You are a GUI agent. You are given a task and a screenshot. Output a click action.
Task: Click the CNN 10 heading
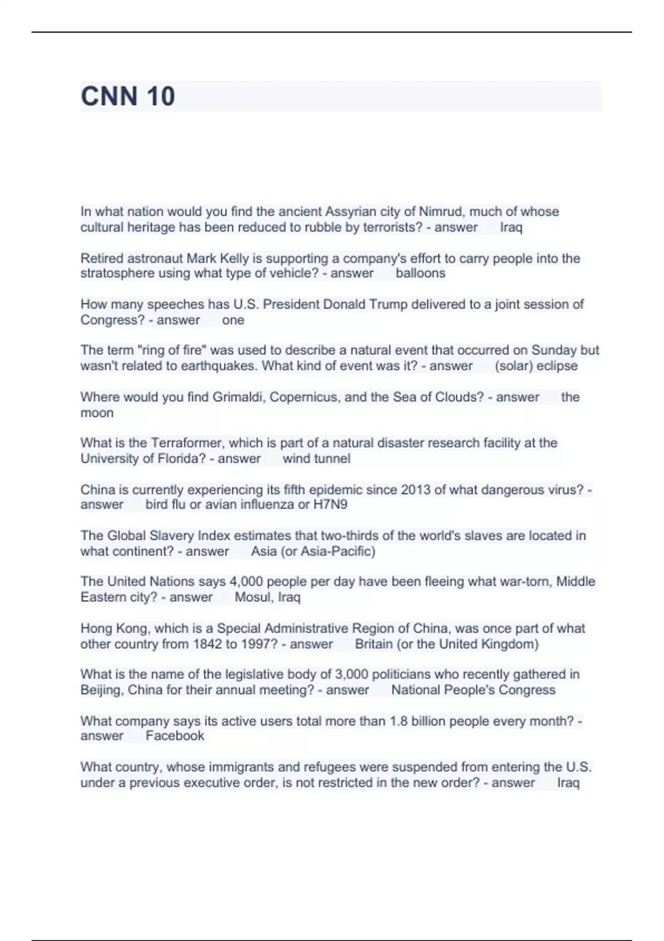pyautogui.click(x=128, y=96)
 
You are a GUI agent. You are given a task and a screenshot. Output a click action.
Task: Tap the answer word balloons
pyautogui.click(x=420, y=273)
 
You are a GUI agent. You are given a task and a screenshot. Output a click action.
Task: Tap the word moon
pyautogui.click(x=97, y=413)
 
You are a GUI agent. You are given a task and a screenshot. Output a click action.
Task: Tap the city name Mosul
pyautogui.click(x=253, y=597)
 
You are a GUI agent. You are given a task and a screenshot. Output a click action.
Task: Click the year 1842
pyautogui.click(x=207, y=644)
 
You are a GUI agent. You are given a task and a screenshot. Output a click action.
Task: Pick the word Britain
pyautogui.click(x=373, y=644)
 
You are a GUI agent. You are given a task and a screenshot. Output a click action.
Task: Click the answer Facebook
pyautogui.click(x=175, y=736)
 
